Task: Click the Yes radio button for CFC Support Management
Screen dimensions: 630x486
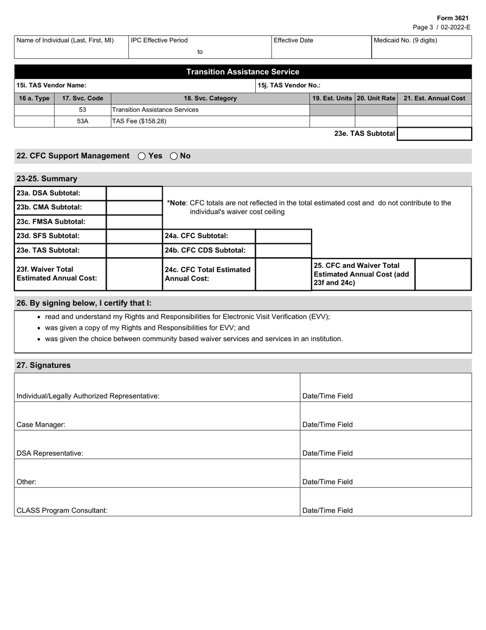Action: [142, 156]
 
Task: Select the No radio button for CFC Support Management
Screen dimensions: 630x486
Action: [173, 156]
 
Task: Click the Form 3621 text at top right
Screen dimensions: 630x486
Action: [452, 18]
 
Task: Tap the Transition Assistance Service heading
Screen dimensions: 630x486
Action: [242, 72]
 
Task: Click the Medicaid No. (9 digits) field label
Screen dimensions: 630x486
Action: [406, 40]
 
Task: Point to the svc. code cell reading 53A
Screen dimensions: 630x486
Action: [82, 121]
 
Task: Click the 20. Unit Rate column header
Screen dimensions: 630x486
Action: [376, 98]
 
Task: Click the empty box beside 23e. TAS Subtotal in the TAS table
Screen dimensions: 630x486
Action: [434, 134]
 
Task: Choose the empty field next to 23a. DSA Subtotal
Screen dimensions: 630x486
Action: [134, 193]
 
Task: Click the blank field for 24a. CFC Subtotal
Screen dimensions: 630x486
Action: [283, 236]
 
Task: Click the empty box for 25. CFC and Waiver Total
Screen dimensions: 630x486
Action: [443, 274]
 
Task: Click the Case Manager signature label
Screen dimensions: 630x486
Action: [41, 425]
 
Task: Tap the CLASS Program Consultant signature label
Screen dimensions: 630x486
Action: [62, 511]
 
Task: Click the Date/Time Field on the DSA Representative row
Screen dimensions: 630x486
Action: [327, 453]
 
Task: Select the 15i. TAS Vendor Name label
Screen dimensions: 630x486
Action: [51, 86]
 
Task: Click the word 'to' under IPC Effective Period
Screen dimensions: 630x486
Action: [200, 52]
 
